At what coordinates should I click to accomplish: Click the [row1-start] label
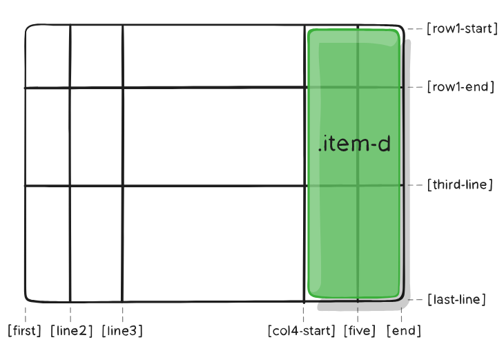click(x=462, y=29)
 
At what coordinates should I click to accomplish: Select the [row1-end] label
click(x=461, y=87)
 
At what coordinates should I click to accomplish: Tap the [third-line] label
click(x=459, y=185)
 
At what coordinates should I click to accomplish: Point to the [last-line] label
click(x=456, y=299)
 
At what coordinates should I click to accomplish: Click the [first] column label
click(x=25, y=331)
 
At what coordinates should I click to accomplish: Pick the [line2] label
click(x=71, y=331)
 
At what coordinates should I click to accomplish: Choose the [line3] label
click(x=122, y=331)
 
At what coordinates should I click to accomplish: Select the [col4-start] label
click(x=302, y=331)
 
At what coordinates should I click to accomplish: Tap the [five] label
click(x=359, y=331)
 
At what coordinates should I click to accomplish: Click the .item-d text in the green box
click(x=354, y=145)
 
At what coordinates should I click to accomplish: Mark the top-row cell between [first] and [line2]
click(x=48, y=57)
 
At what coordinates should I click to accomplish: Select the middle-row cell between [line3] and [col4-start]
click(x=213, y=137)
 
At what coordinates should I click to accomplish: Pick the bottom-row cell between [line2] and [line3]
click(x=96, y=243)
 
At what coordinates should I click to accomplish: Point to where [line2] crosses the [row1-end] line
click(x=70, y=88)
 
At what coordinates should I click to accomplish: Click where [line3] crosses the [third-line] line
click(x=122, y=185)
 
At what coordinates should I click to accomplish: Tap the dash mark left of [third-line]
click(x=415, y=185)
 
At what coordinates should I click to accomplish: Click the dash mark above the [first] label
click(x=26, y=312)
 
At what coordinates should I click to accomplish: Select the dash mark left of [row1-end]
click(x=415, y=87)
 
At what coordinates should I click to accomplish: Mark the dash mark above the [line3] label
click(x=122, y=312)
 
